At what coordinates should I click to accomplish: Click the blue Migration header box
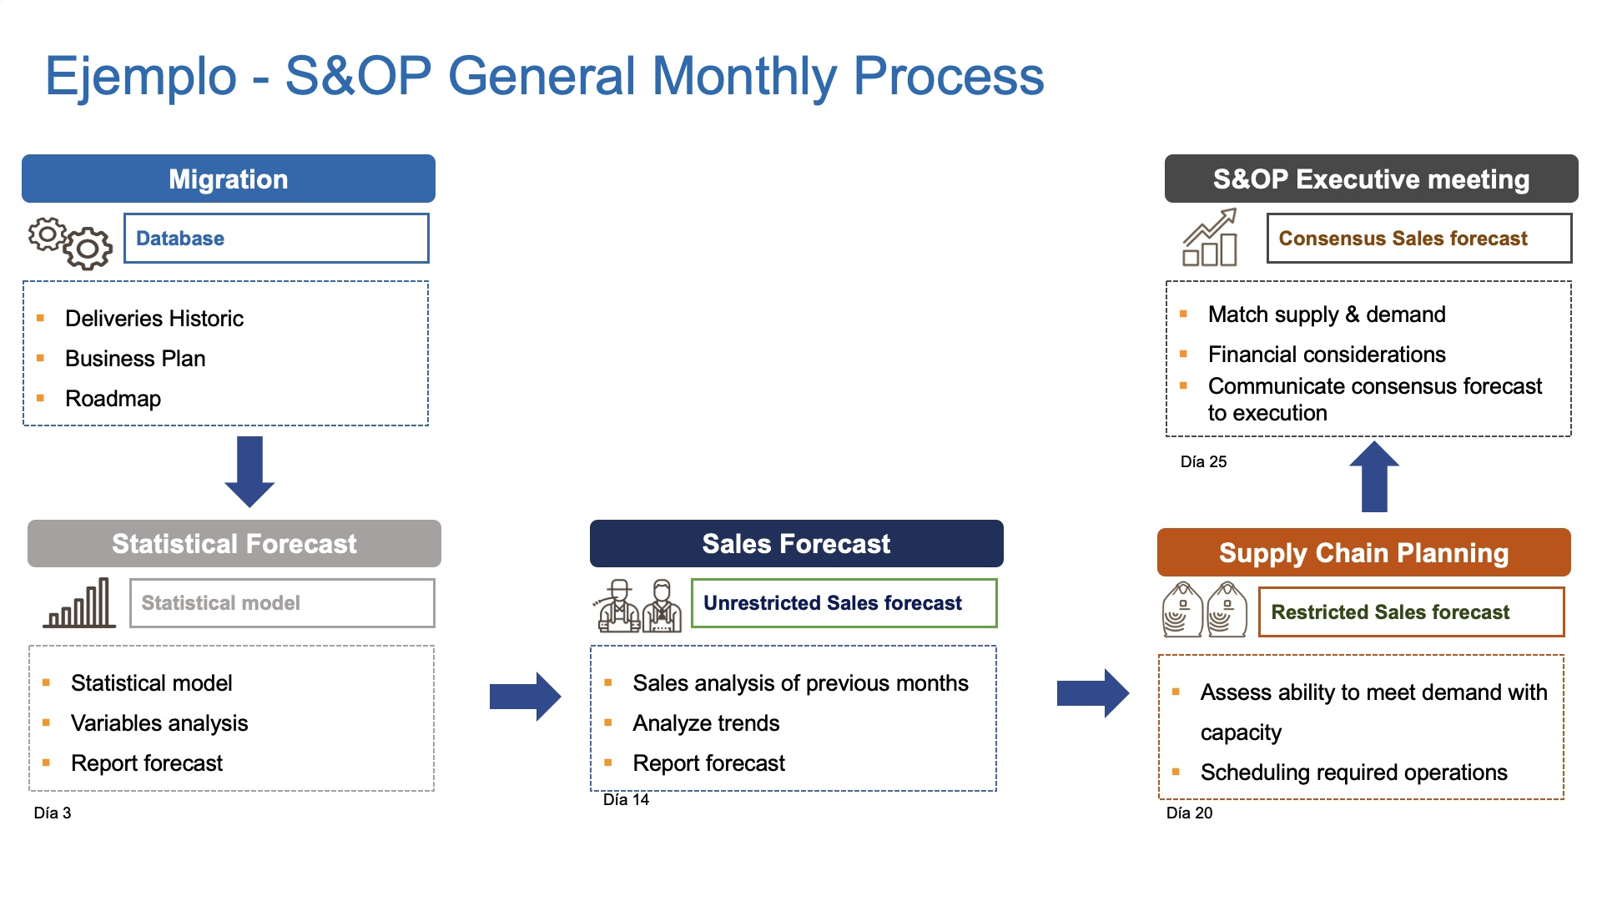pos(229,179)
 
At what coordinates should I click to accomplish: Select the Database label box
pos(276,239)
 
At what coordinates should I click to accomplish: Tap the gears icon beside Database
pos(70,243)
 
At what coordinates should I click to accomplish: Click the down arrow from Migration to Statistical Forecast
pos(249,471)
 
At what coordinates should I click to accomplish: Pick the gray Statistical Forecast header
pos(234,543)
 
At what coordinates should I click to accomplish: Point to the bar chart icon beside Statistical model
pos(79,603)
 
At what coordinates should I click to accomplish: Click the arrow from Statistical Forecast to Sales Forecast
pos(526,696)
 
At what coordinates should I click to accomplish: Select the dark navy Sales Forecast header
pos(797,543)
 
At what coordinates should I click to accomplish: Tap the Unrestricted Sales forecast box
pos(844,603)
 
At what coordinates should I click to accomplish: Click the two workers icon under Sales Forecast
pos(637,606)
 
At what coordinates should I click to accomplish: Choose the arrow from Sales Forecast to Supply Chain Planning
pos(1093,693)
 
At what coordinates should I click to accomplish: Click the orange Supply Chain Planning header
pos(1364,552)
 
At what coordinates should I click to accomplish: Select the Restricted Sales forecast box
pos(1412,612)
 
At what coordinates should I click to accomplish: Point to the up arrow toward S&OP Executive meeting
pos(1374,476)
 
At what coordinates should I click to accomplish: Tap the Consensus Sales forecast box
pos(1419,239)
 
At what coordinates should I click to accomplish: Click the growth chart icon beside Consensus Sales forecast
pos(1210,238)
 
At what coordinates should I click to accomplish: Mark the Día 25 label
pos(1204,461)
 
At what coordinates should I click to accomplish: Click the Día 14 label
pos(627,799)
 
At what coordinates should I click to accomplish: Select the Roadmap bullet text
pos(113,399)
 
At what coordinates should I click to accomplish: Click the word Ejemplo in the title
pos(141,76)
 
